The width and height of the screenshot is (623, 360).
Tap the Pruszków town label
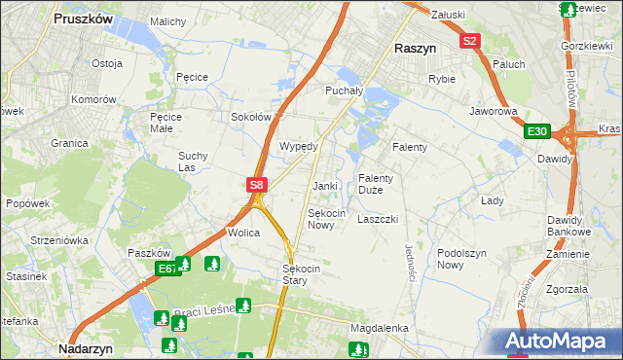point(83,18)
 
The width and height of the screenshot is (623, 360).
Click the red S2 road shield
point(470,41)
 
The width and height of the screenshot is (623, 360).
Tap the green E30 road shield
point(536,131)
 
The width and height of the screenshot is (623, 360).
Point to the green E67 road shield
point(166,269)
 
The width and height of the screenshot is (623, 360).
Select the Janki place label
point(324,186)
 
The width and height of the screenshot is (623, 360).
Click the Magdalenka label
point(379,328)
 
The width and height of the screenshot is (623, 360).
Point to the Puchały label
point(343,90)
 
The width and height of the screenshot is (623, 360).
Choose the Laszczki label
point(378,219)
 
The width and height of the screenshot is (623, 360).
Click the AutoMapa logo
point(562,341)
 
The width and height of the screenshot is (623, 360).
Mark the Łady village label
point(492,200)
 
